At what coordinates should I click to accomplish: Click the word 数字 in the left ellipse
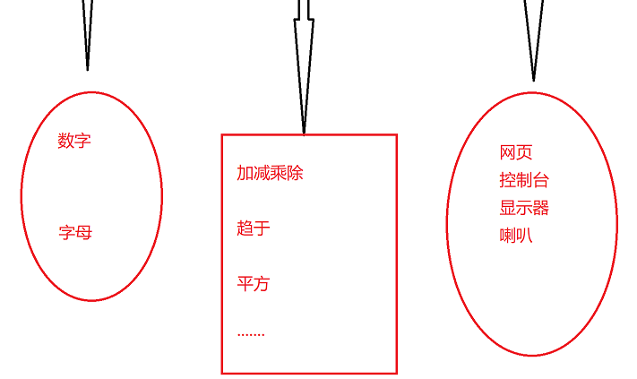pos(74,141)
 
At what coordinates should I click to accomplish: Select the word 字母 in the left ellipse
pos(75,233)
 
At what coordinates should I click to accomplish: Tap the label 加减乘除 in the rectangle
pos(270,173)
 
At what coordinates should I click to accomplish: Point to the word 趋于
pos(254,228)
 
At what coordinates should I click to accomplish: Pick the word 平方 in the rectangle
pos(254,284)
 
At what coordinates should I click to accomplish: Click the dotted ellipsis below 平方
pos(251,336)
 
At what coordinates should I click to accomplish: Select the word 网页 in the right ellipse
pos(516,153)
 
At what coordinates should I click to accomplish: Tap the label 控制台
pos(524,180)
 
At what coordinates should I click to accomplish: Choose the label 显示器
pos(524,208)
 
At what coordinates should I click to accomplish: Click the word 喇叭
pos(516,236)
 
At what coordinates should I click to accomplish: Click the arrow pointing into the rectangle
pos(304,67)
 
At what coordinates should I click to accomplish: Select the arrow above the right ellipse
pos(533,40)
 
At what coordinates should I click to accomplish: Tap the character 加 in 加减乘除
pos(245,173)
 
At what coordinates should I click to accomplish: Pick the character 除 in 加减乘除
pos(295,173)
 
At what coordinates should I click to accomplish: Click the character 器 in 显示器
pos(540,208)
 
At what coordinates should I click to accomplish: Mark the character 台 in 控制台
pos(540,180)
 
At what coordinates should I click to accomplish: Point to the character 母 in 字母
pos(83,233)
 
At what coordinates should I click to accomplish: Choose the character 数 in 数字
pos(66,141)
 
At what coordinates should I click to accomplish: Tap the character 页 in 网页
pos(524,153)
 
